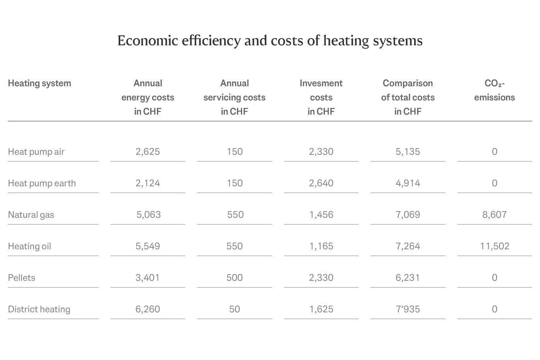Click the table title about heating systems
click(x=270, y=41)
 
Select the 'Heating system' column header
click(x=39, y=83)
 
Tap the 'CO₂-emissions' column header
click(x=494, y=90)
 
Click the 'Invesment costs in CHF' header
click(x=321, y=97)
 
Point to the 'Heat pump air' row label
click(x=36, y=152)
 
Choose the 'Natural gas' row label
click(x=31, y=215)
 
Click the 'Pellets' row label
click(x=22, y=278)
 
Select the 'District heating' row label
click(x=39, y=309)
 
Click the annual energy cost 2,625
click(x=148, y=152)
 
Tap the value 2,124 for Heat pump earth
click(x=148, y=183)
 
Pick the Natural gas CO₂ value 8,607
click(x=494, y=215)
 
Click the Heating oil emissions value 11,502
click(x=494, y=246)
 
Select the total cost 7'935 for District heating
click(x=408, y=309)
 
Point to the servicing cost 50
click(x=235, y=309)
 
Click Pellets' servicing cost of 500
click(x=235, y=278)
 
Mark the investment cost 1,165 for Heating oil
click(x=321, y=246)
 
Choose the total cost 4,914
click(x=408, y=183)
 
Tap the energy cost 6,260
click(x=148, y=309)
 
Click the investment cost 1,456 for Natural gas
click(x=321, y=215)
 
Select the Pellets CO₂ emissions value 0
click(x=494, y=278)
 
